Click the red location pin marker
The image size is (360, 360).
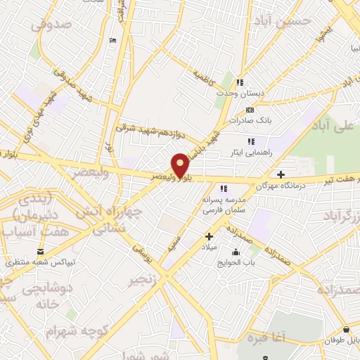[181, 165]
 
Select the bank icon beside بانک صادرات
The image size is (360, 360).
[250, 110]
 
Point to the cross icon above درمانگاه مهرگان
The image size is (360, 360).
[281, 174]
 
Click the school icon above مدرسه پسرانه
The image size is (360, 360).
[223, 188]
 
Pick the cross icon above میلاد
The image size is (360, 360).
[208, 237]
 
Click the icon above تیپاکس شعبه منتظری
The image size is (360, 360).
[40, 252]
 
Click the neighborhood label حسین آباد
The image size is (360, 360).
[284, 21]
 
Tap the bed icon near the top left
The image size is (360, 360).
[113, 40]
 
